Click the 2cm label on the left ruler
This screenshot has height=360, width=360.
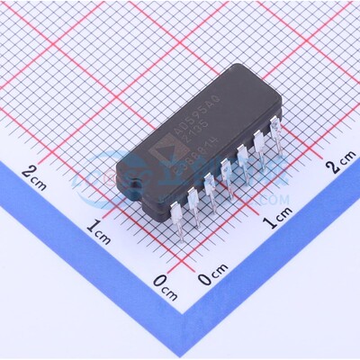[x=36, y=175]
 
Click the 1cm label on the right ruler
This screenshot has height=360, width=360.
[x=276, y=221]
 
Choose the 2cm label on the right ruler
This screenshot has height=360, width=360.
[x=340, y=164]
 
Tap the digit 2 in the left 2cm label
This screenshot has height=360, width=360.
[x=30, y=173]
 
